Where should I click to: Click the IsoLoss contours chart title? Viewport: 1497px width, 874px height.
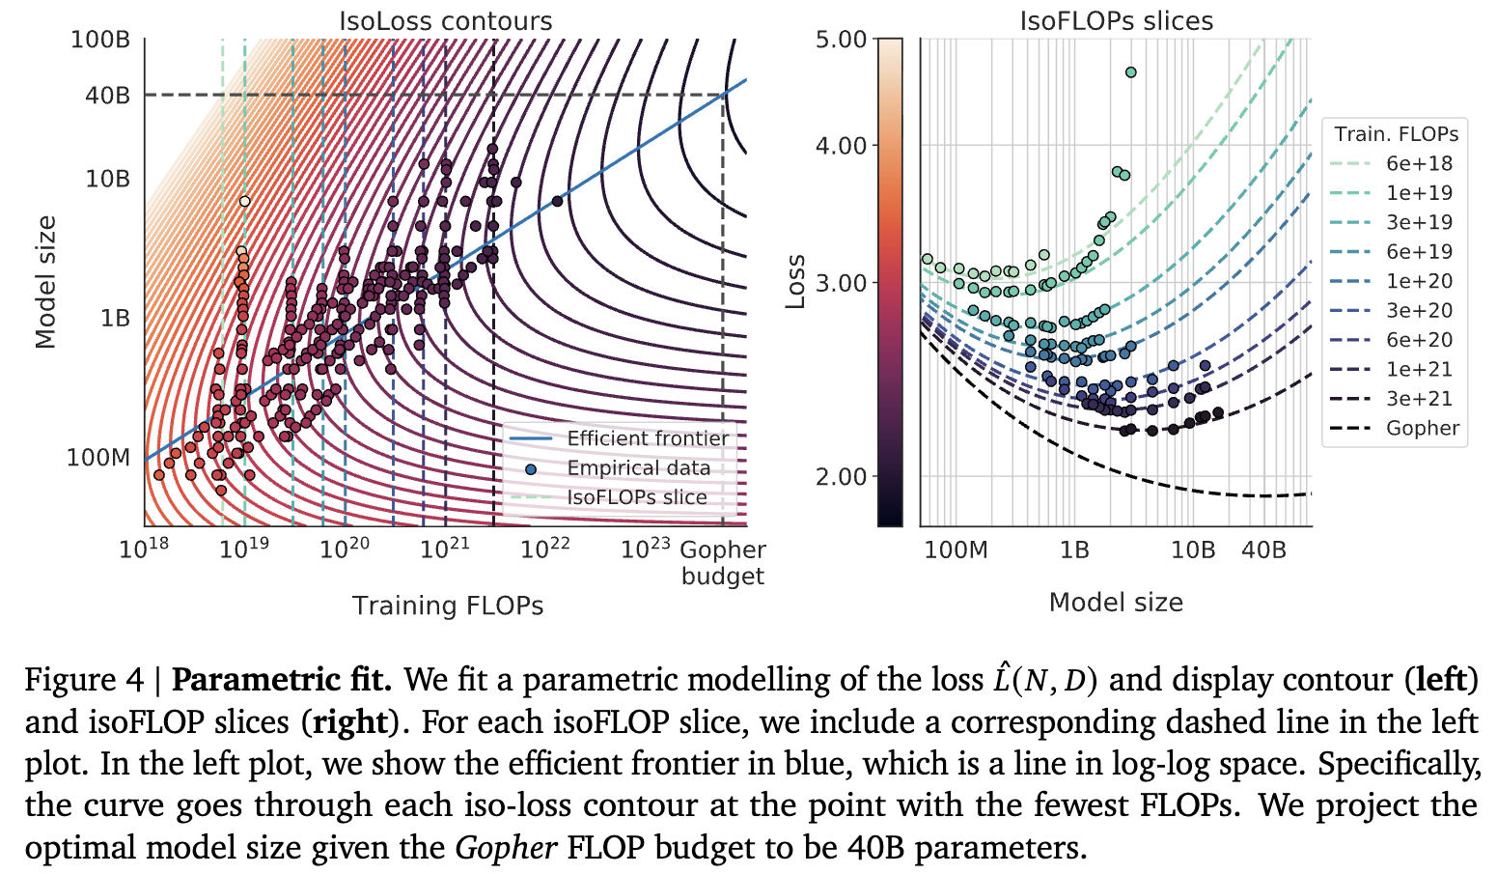point(445,20)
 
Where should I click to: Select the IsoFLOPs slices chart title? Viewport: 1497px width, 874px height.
point(1116,20)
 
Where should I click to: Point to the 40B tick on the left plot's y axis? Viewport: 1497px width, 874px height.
point(107,95)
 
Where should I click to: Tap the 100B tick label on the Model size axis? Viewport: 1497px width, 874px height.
point(100,40)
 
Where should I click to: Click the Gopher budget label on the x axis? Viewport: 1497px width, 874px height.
point(722,563)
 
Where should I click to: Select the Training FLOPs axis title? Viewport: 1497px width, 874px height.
point(448,606)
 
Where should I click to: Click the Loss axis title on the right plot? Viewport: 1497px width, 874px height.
point(795,282)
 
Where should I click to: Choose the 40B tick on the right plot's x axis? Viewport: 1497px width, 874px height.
point(1263,550)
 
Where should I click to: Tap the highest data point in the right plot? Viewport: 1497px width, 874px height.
point(1131,72)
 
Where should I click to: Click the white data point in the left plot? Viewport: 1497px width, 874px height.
point(244,201)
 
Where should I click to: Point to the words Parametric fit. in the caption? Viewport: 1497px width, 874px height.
point(282,680)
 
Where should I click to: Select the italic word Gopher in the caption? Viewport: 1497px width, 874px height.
point(506,848)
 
